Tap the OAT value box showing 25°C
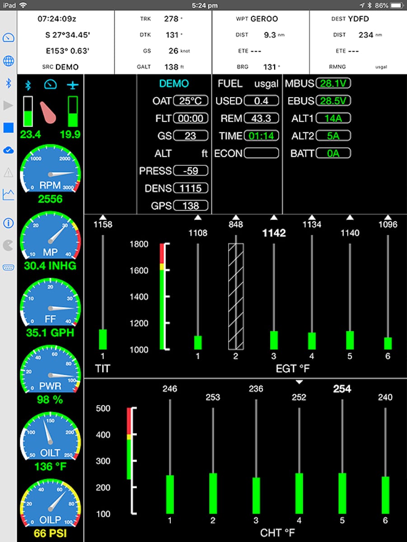click(x=191, y=101)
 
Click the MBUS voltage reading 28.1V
click(x=333, y=83)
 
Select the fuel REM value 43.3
click(x=261, y=118)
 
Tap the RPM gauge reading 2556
click(x=50, y=199)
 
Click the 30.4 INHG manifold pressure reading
click(x=50, y=266)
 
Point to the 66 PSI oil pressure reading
click(x=50, y=533)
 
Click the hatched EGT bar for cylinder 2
click(x=236, y=297)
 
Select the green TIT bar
click(x=103, y=339)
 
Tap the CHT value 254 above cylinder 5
click(x=342, y=389)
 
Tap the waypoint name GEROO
click(x=264, y=19)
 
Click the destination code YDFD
click(x=358, y=19)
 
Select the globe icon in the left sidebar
click(x=9, y=61)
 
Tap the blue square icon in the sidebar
click(x=9, y=128)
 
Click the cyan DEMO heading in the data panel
click(x=174, y=84)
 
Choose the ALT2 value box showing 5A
click(x=333, y=136)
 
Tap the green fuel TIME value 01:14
click(x=261, y=136)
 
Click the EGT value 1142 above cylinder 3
click(x=274, y=233)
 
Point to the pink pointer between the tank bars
click(x=48, y=112)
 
